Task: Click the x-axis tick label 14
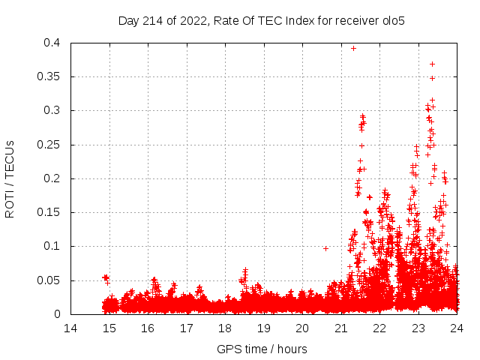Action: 70,328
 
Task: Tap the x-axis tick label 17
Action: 186,328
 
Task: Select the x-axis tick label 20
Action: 301,328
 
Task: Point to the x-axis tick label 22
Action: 379,328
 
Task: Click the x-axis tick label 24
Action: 456,328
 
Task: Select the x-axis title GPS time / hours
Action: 262,349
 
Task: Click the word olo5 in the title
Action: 393,20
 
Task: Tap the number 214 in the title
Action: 154,20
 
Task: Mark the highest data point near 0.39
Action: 353,48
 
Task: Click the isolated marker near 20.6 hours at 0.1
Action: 325,248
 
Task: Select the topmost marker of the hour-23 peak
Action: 432,64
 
